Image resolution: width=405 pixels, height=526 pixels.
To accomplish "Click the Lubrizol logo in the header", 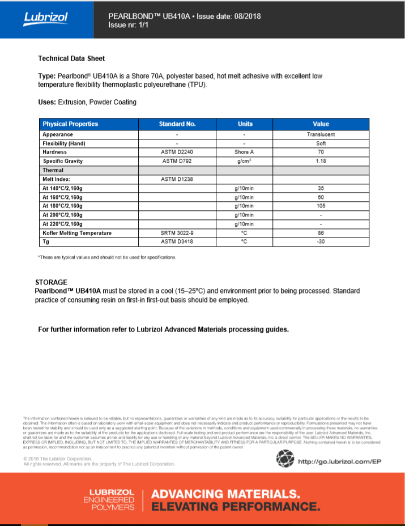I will (46, 18).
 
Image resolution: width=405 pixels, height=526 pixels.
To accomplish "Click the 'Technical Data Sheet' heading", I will (71, 58).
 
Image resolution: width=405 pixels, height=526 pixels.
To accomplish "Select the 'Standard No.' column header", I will (177, 124).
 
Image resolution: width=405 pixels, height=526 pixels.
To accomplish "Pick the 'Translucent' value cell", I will (321, 134).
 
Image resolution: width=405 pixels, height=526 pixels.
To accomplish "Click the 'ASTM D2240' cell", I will (177, 152).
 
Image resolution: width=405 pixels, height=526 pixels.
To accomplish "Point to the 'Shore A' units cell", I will (245, 152).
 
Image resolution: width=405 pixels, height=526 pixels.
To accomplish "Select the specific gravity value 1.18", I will (321, 161).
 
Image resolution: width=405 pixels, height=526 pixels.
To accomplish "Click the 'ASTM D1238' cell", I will (177, 179).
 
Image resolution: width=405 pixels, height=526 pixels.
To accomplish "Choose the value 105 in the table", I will (321, 206).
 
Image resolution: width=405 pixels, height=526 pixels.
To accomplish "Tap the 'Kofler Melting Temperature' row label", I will (77, 233).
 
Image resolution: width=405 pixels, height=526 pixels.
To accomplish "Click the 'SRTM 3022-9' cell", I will (177, 233).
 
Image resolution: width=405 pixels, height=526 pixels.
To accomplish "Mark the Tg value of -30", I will (321, 242).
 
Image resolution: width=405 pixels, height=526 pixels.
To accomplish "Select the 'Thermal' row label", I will (53, 170).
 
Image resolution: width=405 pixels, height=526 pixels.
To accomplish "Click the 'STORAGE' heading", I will (51, 282).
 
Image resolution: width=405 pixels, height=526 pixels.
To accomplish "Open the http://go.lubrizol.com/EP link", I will (339, 461).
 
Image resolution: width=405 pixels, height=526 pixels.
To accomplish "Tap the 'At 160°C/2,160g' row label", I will (62, 197).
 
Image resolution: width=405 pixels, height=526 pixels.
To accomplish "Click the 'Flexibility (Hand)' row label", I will (64, 143).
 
